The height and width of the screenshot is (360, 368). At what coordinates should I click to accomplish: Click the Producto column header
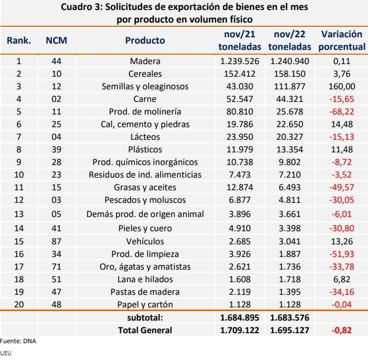pos(145,40)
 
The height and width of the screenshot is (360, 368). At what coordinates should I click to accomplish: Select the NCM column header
pos(56,40)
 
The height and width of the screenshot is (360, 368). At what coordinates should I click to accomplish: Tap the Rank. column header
pos(19,40)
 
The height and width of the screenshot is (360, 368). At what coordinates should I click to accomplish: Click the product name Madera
pos(145,61)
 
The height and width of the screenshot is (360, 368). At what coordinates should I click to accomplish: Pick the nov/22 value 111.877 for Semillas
pos(290,86)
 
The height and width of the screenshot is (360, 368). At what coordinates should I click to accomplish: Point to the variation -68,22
pos(341,111)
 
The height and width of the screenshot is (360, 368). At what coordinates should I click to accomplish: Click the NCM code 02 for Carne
pos(56,99)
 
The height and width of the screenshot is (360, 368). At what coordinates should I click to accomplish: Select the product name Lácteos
pos(145,137)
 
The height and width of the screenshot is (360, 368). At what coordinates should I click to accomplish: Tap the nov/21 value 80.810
pos(239,111)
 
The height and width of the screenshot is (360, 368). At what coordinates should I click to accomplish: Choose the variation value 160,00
pos(342,86)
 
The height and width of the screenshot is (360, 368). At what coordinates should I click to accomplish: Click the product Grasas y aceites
pos(145,187)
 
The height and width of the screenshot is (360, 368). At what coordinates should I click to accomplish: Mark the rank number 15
pos(19,241)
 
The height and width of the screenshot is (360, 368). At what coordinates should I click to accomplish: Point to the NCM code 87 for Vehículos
pos(56,241)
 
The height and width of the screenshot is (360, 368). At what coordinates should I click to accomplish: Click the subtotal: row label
pos(145,318)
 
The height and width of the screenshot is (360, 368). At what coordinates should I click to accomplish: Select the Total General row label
pos(145,330)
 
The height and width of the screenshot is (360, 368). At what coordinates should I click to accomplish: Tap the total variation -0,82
pos(341,330)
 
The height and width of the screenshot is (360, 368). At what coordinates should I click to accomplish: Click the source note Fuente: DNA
pos(18,341)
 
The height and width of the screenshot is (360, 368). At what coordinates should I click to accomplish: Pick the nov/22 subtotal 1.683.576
pos(290,318)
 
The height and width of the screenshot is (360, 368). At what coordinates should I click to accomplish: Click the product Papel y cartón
pos(145,304)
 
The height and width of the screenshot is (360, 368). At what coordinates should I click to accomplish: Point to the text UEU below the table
pos(6,353)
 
